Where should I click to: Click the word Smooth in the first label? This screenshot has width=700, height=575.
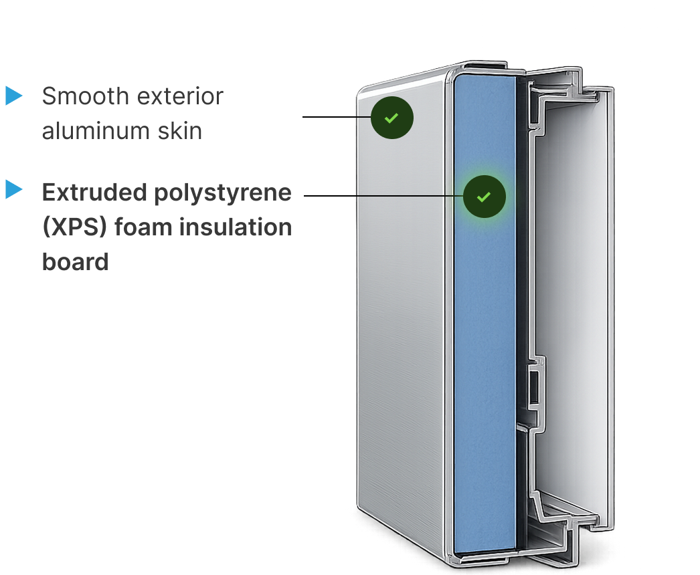[85, 96]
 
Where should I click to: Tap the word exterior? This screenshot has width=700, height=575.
[180, 96]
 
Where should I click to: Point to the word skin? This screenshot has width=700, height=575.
[179, 130]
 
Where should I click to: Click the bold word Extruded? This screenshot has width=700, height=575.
[94, 193]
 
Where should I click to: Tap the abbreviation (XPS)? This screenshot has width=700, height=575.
[74, 227]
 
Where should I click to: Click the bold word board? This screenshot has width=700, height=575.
[76, 261]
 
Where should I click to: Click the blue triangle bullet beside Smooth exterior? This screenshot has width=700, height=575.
[14, 96]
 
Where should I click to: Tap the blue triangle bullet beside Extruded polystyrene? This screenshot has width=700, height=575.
[14, 189]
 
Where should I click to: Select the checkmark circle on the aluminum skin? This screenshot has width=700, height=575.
[392, 118]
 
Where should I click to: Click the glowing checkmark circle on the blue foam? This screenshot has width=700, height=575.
[485, 197]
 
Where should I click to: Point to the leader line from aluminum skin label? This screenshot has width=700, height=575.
[337, 117]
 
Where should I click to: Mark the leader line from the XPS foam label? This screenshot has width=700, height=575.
[383, 195]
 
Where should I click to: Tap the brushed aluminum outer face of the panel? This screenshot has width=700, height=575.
[401, 312]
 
